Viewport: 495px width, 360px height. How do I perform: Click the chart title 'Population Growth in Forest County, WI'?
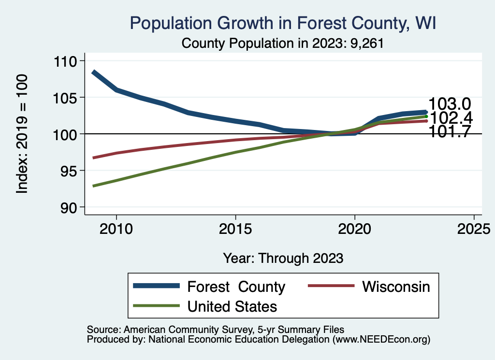tap(283, 24)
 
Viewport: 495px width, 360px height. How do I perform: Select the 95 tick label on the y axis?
tap(71, 171)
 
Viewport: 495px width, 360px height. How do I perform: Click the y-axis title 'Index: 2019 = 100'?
tap(22, 134)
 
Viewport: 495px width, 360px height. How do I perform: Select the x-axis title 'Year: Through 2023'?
tap(283, 258)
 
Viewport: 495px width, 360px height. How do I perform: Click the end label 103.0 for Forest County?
tap(450, 104)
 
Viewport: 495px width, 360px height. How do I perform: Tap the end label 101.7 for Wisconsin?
tap(450, 132)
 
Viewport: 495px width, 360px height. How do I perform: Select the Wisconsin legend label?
tap(396, 287)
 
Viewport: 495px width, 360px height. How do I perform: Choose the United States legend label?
tap(232, 306)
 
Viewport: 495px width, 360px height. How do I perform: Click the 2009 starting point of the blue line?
tap(93, 72)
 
